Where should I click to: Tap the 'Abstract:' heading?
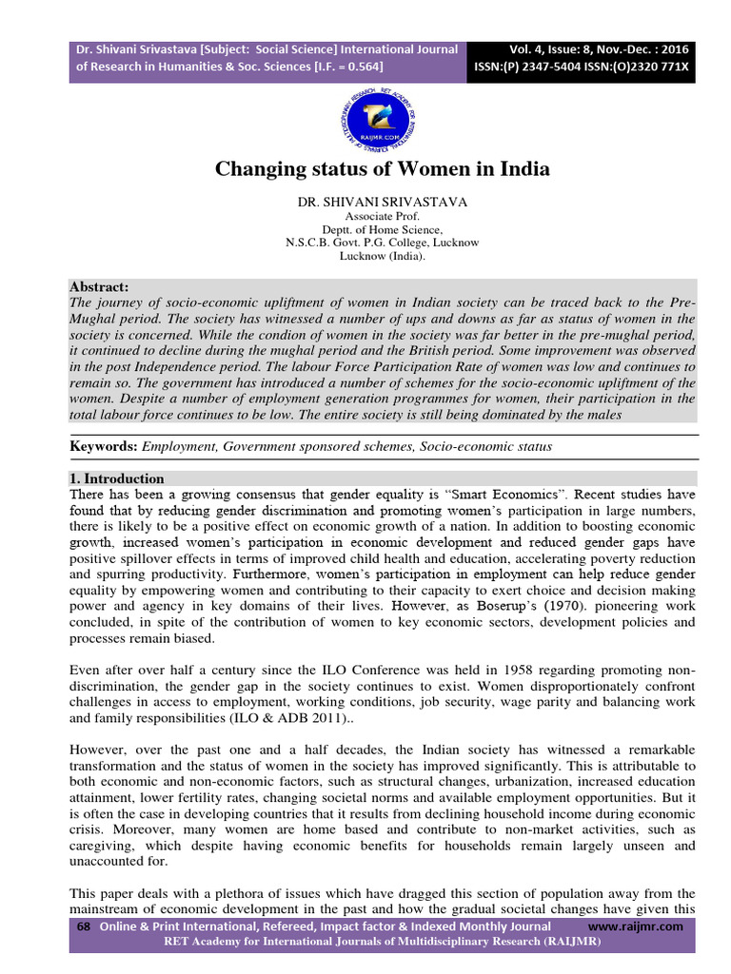coord(99,287)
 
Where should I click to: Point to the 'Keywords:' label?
coord(104,446)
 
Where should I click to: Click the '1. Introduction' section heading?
coord(117,478)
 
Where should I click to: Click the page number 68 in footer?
coord(82,926)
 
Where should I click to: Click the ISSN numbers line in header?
coord(583,67)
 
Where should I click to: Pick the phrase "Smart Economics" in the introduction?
coord(498,495)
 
